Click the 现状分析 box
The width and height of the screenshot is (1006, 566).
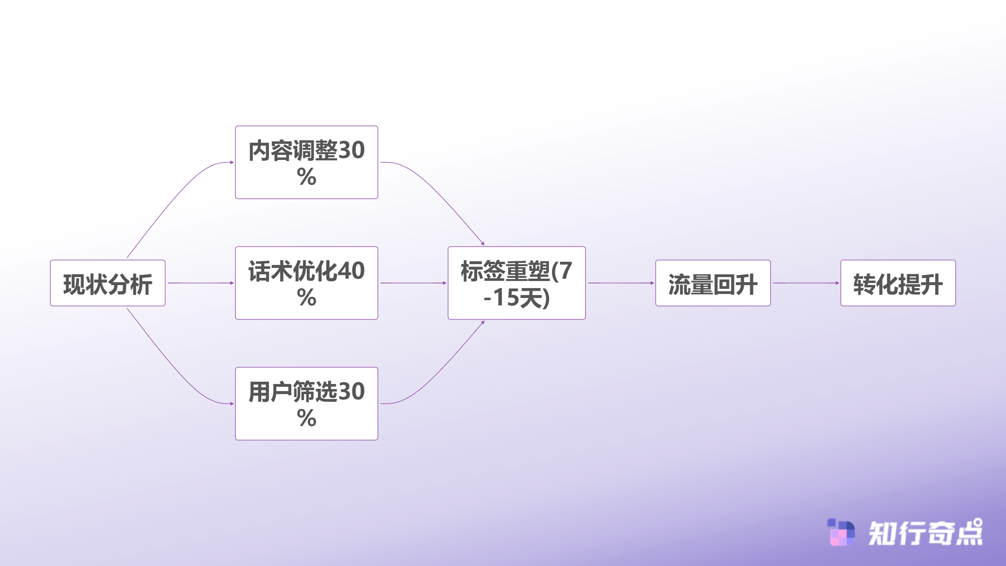click(108, 283)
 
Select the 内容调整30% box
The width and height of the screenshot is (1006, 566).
click(307, 162)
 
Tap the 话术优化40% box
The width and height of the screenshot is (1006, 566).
click(307, 283)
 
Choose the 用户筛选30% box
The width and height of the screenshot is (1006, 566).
click(307, 404)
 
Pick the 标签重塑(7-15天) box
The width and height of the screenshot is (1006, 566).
click(516, 283)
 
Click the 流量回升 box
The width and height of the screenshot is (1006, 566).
click(713, 283)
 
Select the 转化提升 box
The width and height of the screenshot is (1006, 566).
click(898, 283)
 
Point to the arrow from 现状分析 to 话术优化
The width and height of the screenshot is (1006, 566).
click(200, 283)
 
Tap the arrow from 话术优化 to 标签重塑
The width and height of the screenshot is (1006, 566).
click(413, 283)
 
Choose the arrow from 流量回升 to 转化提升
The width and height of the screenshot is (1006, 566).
click(806, 283)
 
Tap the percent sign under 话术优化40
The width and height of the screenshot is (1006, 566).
click(307, 298)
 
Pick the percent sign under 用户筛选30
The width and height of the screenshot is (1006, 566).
click(307, 418)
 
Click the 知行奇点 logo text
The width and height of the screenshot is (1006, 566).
click(925, 533)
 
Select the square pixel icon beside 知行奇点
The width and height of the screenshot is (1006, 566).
click(841, 533)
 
